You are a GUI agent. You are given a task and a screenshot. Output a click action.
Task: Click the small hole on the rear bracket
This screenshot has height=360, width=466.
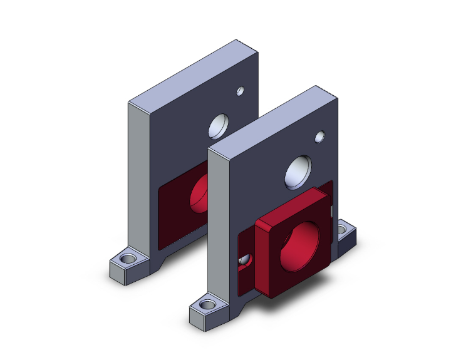pyautogui.click(x=239, y=91)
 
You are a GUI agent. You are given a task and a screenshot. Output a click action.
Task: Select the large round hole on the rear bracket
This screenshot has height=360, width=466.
pyautogui.click(x=219, y=126)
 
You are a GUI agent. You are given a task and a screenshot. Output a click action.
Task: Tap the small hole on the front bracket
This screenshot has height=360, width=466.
pyautogui.click(x=319, y=136)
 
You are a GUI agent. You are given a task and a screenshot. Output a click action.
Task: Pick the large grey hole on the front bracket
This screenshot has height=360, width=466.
pyautogui.click(x=298, y=172)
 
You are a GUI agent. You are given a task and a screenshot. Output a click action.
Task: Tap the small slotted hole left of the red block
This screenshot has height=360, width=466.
pyautogui.click(x=244, y=260)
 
